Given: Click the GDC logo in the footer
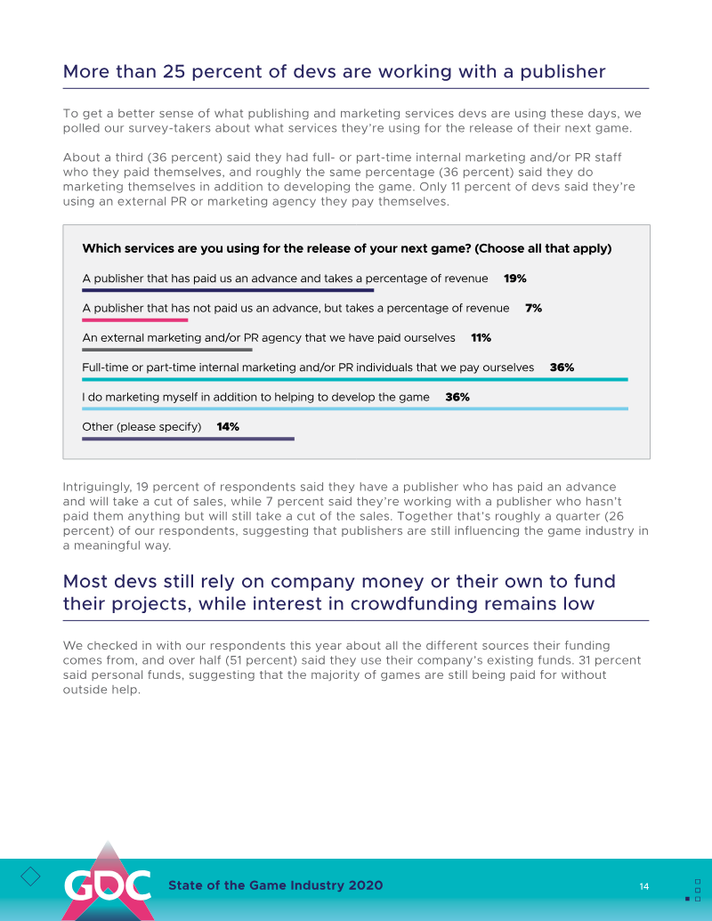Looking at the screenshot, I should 107,885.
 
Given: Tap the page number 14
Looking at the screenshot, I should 643,886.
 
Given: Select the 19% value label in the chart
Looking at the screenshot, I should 514,279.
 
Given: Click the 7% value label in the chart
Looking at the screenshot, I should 533,308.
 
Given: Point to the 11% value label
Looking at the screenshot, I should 481,338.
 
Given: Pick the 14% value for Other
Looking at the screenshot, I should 228,427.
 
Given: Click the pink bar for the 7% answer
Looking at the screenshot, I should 134,319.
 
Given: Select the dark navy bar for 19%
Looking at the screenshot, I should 228,290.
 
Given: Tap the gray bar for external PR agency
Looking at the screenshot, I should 167,350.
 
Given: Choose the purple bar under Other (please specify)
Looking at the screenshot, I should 188,439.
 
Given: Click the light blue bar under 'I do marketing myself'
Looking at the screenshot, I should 354,408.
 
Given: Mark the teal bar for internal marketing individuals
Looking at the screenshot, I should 354,379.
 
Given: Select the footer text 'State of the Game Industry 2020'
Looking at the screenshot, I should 276,885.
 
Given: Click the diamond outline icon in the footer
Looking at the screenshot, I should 30,877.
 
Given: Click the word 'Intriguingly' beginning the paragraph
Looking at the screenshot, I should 97,487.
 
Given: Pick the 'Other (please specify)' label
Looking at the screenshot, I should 142,427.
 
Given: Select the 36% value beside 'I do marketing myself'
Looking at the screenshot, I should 457,397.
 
